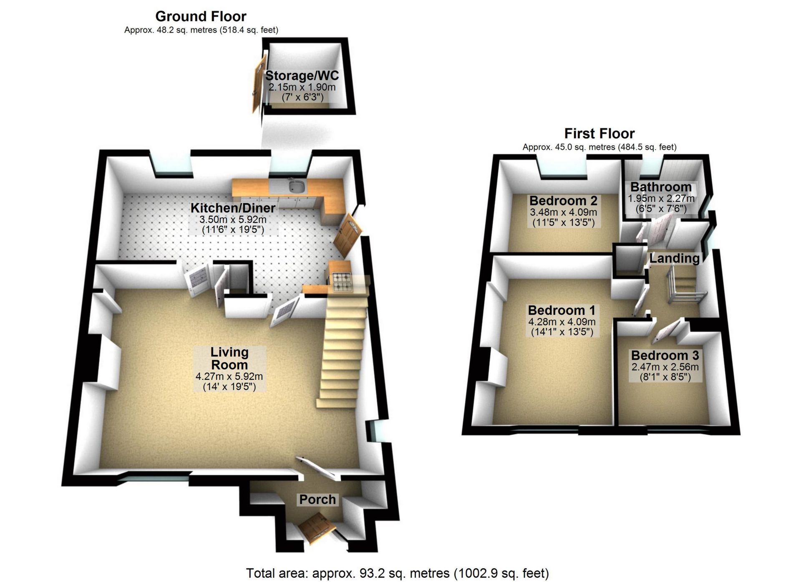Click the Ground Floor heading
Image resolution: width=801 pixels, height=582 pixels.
[x=201, y=17]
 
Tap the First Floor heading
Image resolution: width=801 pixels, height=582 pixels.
[x=599, y=133]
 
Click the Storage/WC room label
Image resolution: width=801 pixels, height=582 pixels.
[x=302, y=76]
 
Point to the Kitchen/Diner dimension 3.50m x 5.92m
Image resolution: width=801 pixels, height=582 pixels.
[x=233, y=220]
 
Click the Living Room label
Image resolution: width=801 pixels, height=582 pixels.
[x=229, y=359]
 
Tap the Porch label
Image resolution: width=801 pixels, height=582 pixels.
[x=317, y=499]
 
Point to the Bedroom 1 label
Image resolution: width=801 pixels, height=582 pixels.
[x=562, y=311]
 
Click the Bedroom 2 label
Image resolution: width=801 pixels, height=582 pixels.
[x=563, y=201]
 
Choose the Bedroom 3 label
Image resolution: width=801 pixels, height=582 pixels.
[x=665, y=356]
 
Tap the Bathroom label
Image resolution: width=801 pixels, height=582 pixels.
[x=661, y=187]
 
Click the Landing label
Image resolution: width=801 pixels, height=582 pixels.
[x=674, y=258]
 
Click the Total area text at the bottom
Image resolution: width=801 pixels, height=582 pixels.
[x=397, y=574]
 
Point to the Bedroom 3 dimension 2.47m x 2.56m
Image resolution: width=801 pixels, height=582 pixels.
[x=665, y=367]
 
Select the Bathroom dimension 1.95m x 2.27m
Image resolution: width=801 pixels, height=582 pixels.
[x=661, y=198]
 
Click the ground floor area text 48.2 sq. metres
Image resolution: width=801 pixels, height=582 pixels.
[x=201, y=30]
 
